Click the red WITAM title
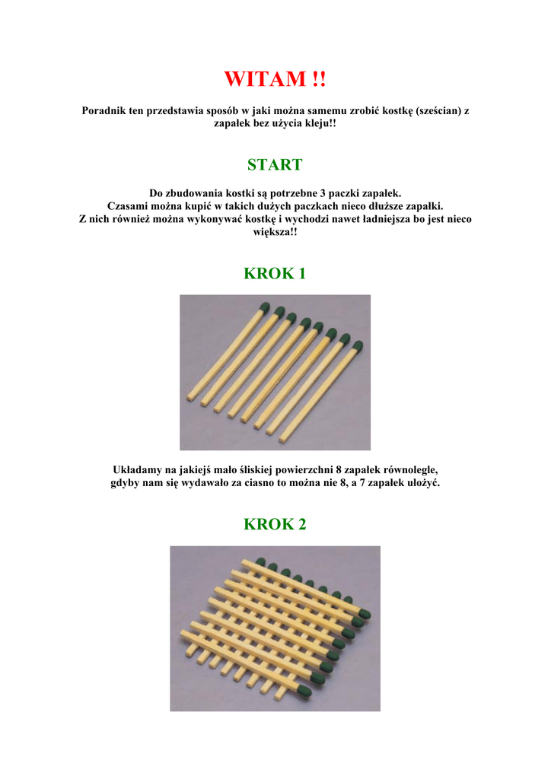[275, 79]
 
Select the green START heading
[275, 164]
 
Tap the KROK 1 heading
[275, 273]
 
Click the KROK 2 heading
[275, 524]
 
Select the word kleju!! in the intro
[320, 123]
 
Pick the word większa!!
[275, 232]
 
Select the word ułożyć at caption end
[424, 482]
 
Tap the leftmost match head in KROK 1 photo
[265, 306]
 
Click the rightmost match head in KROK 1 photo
[357, 345]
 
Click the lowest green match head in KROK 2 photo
[303, 689]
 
